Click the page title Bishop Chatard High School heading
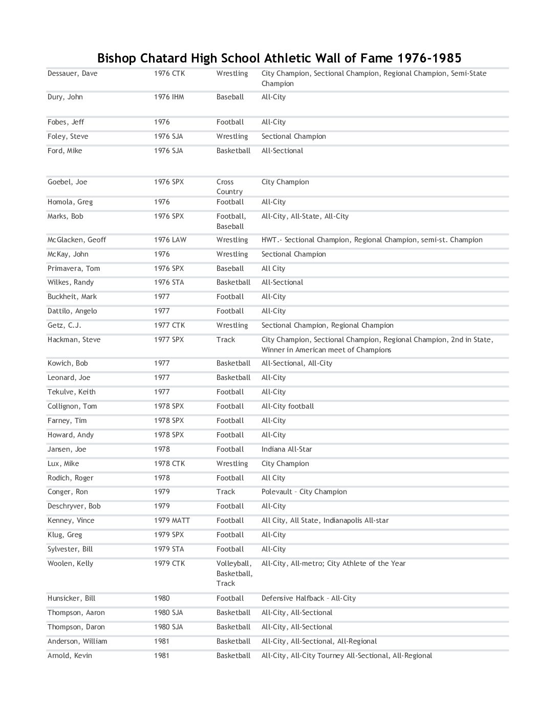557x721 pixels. click(x=279, y=57)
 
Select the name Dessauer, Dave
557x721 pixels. click(x=72, y=74)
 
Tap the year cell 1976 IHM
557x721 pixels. click(x=168, y=97)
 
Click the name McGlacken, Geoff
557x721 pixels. click(x=77, y=240)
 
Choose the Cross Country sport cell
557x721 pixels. click(x=229, y=187)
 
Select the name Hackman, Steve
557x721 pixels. click(x=74, y=340)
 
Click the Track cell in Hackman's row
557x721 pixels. click(x=225, y=340)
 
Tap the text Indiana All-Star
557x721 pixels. click(x=286, y=450)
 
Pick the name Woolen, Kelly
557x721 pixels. click(x=70, y=564)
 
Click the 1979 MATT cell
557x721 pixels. click(x=172, y=521)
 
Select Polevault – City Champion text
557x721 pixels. click(x=304, y=492)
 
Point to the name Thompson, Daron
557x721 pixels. click(x=76, y=627)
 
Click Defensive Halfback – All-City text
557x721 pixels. click(x=308, y=599)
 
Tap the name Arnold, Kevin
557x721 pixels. click(x=70, y=656)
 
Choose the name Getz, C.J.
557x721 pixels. click(x=64, y=326)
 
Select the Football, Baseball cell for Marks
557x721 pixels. click(x=231, y=221)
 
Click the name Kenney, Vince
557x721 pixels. click(x=71, y=521)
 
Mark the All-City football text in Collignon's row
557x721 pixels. click(x=287, y=407)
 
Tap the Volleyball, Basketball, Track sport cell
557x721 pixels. click(x=234, y=574)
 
